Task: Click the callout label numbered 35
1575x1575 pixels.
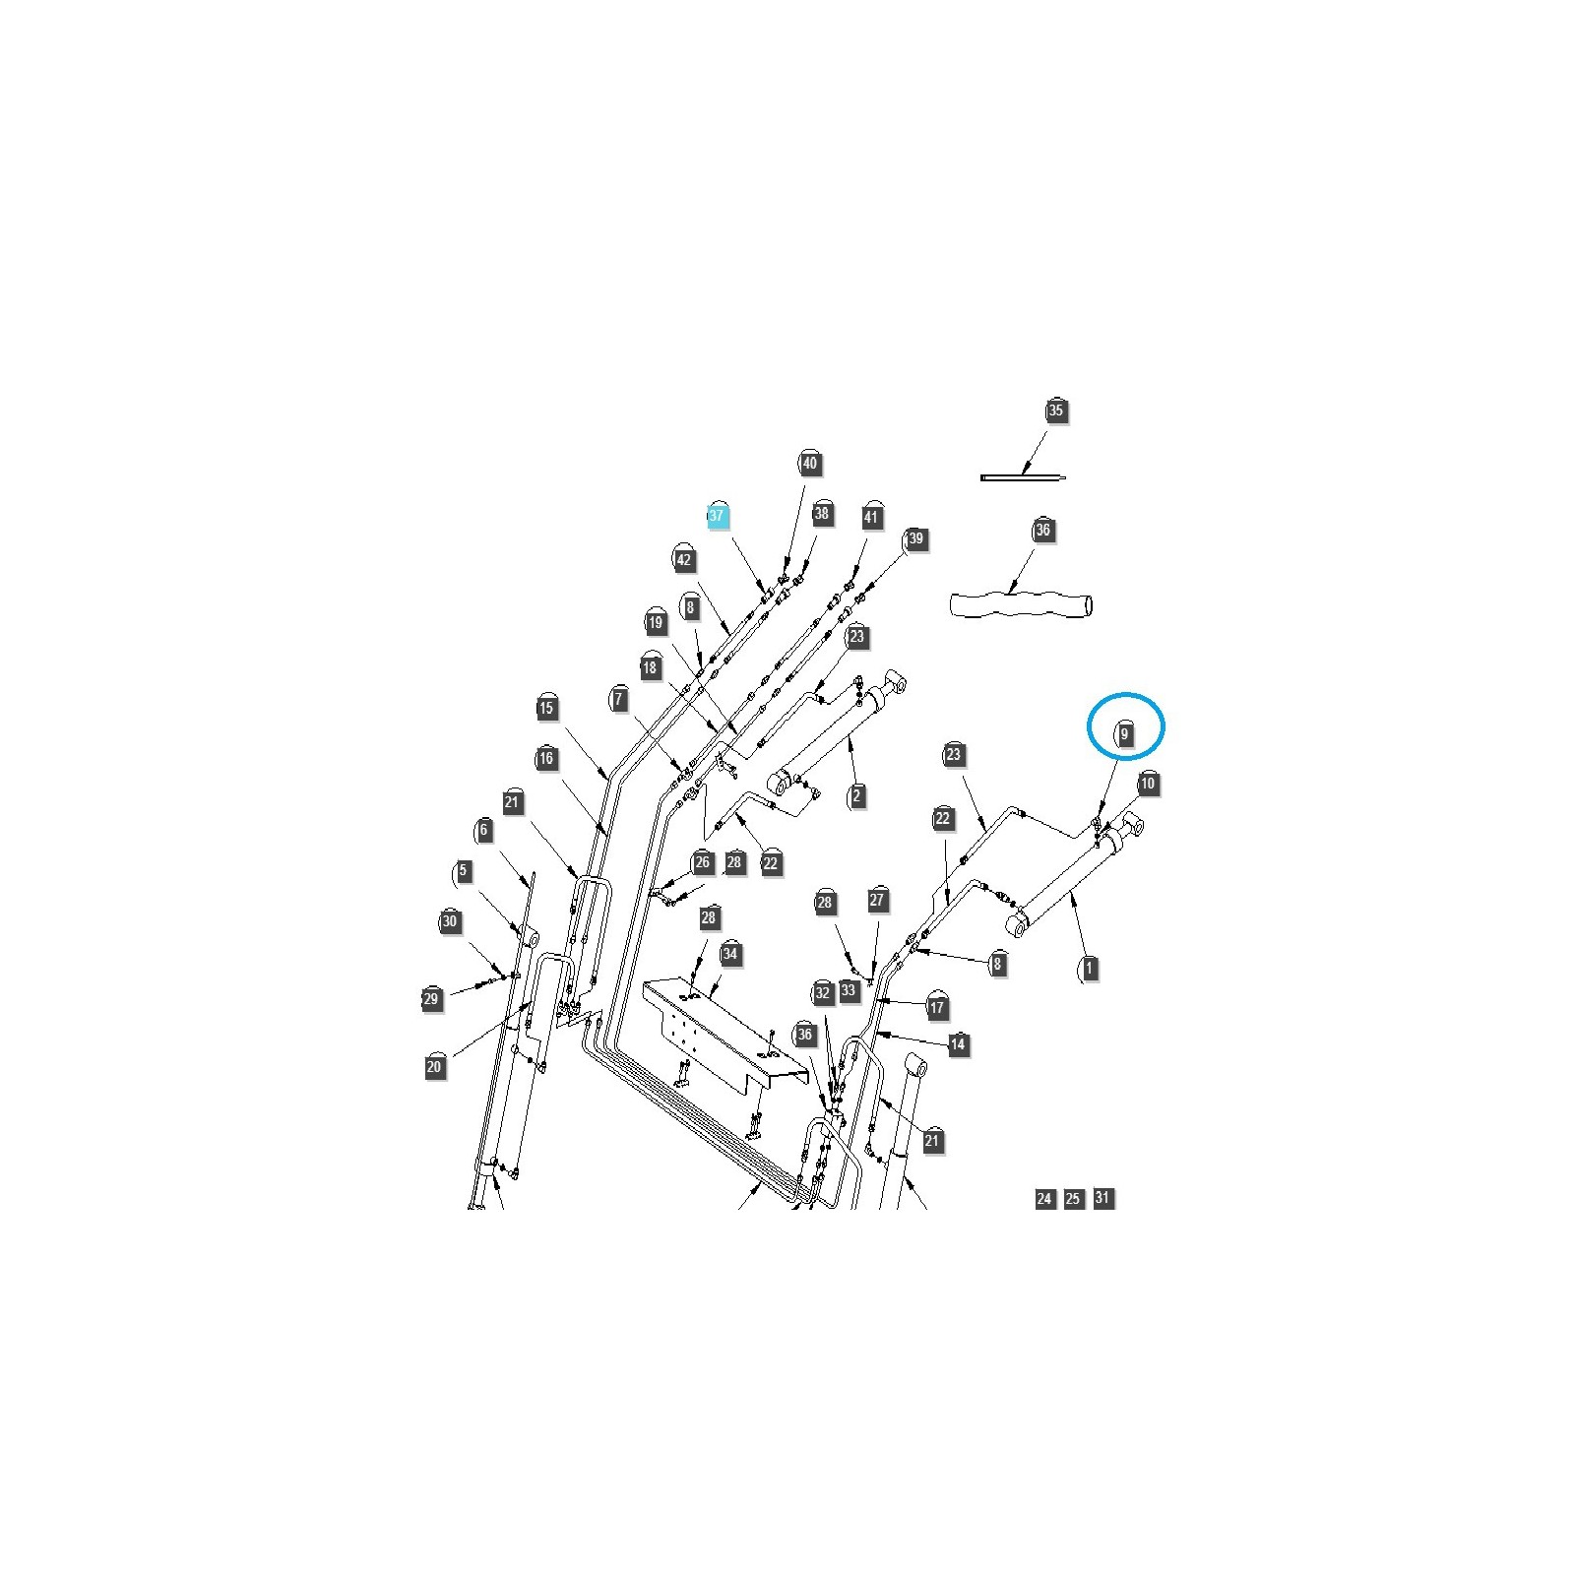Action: pos(1055,410)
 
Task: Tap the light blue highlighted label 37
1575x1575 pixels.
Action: pos(717,516)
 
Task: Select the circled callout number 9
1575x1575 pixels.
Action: pos(1124,733)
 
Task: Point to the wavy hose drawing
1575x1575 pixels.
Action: pos(1021,603)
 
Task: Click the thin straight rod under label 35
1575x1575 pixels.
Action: pos(1023,478)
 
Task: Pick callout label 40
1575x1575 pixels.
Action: pos(809,463)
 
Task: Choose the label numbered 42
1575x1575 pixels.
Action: pos(684,561)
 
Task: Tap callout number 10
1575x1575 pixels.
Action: pos(1148,785)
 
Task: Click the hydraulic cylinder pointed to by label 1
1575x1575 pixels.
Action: pos(1073,876)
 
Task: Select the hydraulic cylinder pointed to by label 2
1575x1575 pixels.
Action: pos(842,733)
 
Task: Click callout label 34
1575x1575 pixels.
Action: pos(729,954)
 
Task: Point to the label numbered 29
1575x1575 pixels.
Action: pos(430,999)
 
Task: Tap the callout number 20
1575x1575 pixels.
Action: pos(434,1067)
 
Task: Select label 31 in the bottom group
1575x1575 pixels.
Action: pos(1103,1198)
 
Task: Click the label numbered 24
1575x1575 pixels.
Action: pos(1044,1199)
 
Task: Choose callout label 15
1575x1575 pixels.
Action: pos(547,708)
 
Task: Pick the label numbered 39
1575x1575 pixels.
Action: pos(915,538)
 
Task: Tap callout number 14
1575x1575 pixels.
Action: pos(958,1044)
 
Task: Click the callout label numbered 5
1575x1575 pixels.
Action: pos(463,871)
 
